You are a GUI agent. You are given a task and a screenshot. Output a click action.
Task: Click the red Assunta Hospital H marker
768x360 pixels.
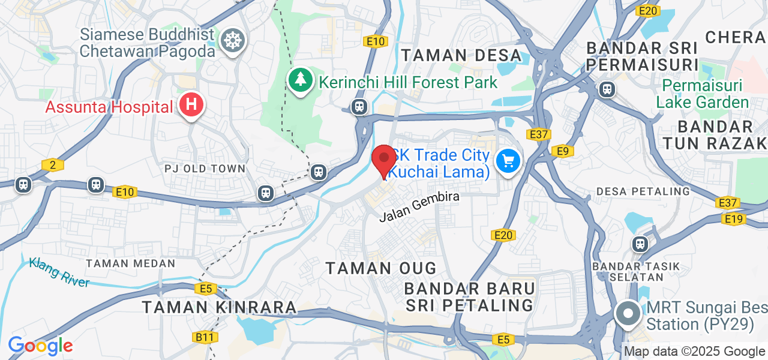coord(191,105)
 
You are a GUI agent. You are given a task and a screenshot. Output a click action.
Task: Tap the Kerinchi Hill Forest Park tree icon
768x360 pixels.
coord(299,80)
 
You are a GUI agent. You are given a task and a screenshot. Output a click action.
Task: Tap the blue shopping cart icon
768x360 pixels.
coord(508,161)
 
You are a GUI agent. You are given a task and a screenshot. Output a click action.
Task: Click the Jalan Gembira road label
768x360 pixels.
coord(419,206)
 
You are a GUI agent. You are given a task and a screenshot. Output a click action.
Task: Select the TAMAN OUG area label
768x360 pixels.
coord(381,268)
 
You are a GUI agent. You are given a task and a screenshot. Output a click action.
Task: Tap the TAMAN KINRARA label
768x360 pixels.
coord(219,307)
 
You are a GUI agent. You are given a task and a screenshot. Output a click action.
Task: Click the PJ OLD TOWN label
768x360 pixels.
coord(205,169)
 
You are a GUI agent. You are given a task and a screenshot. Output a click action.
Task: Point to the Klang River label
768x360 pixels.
coord(59,272)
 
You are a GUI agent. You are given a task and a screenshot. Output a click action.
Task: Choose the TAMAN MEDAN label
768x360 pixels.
coord(131,263)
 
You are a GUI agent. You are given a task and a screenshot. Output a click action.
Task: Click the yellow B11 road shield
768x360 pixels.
coord(205,337)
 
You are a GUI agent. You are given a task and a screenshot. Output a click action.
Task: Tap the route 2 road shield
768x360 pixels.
coord(53,164)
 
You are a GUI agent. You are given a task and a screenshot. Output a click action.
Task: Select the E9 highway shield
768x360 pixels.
coord(562,151)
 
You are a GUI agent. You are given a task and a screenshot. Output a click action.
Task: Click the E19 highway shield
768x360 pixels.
coord(734,219)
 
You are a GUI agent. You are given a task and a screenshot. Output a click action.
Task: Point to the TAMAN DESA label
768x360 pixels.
coord(461,55)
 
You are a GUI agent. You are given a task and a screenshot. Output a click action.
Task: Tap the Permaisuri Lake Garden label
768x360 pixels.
coord(703,94)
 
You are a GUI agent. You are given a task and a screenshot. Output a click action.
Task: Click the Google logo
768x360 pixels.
coord(40,346)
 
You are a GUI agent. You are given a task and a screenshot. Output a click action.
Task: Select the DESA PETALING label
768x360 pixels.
coord(643,191)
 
